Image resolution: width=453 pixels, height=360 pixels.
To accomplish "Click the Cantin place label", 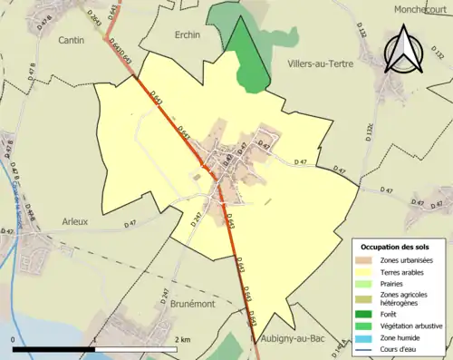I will [46, 41].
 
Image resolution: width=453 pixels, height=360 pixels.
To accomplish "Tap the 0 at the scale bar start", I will [14, 339].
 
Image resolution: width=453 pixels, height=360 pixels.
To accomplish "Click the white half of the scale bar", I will [132, 349].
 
